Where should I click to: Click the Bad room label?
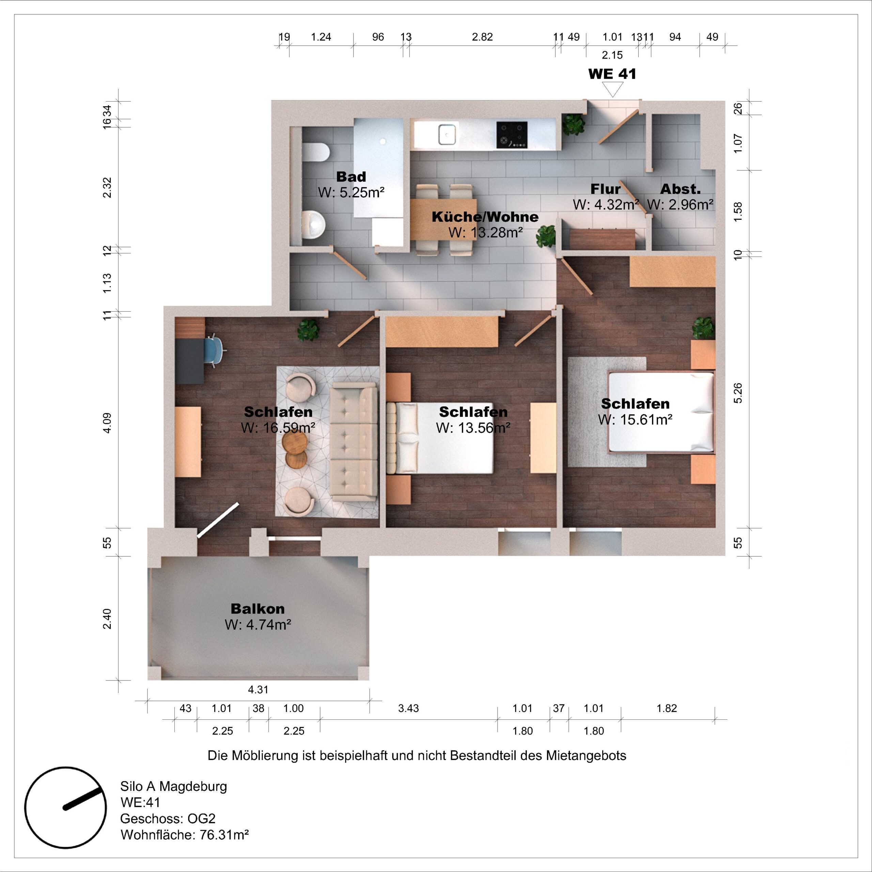coord(351,176)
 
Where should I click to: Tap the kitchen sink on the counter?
coord(447,135)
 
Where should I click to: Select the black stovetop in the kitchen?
coord(512,135)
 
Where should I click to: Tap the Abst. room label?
coord(680,189)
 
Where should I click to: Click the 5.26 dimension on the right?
coord(737,393)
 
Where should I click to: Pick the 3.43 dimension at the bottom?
coord(408,708)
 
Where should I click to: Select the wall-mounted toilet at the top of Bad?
coord(315,152)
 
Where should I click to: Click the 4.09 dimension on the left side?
coord(107,423)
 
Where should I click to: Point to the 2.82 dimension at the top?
coord(482,37)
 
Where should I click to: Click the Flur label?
coord(605,189)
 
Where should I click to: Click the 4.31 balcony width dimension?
coord(258,690)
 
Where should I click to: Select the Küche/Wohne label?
coord(485,217)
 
